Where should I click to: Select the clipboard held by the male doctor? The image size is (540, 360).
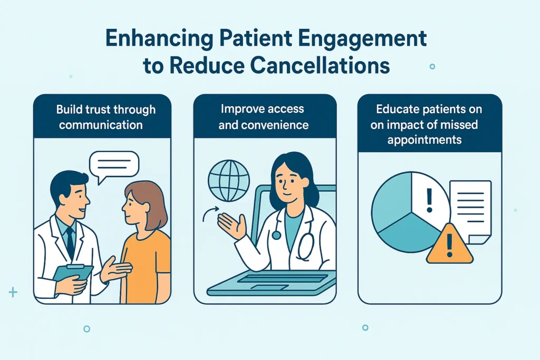click(x=73, y=273)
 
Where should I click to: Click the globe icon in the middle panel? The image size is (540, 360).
click(x=229, y=181)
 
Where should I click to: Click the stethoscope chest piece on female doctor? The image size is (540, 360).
click(x=276, y=235)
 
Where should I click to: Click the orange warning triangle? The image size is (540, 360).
click(x=449, y=245)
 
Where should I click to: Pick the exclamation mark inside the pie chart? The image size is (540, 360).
click(x=429, y=200)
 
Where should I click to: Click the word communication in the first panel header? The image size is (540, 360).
click(x=101, y=124)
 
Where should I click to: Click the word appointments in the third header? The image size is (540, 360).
click(x=425, y=140)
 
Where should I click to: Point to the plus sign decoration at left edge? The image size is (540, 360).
click(x=13, y=292)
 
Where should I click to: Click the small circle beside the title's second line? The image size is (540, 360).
click(x=432, y=66)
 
